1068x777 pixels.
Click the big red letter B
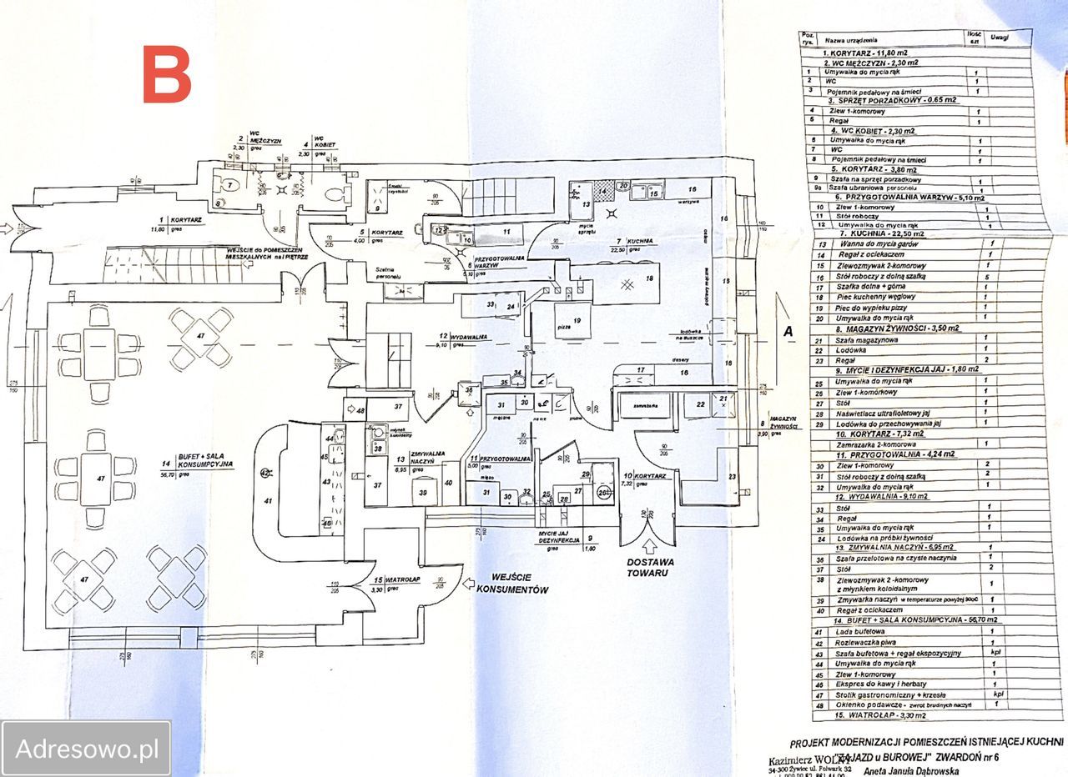168,74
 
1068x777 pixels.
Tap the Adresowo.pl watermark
87,748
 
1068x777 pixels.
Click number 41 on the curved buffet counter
269,501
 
